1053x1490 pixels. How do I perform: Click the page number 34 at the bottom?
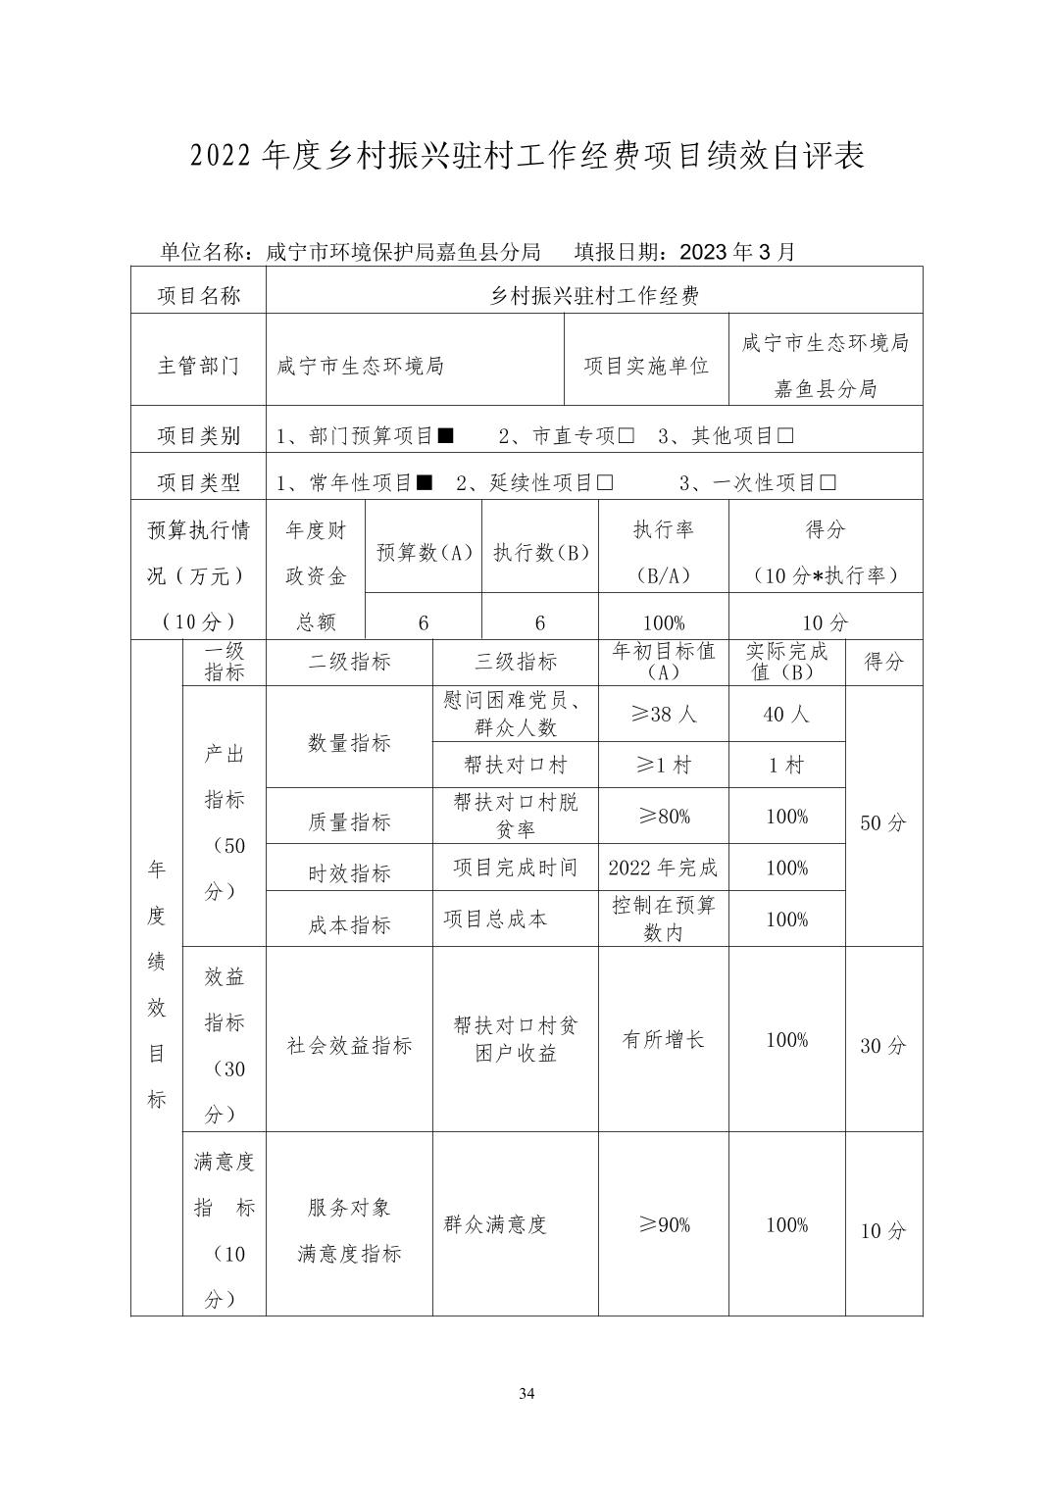(x=526, y=1393)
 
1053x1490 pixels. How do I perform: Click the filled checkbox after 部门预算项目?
(x=445, y=435)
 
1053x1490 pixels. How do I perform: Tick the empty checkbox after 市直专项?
(x=626, y=435)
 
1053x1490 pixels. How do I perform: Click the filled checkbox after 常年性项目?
(x=425, y=482)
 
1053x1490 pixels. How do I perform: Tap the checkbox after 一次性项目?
(x=827, y=482)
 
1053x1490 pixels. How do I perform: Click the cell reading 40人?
(x=786, y=715)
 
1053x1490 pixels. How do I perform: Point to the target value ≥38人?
(x=663, y=715)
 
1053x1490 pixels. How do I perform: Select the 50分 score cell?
(x=882, y=823)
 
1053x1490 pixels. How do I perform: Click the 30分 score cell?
(x=882, y=1046)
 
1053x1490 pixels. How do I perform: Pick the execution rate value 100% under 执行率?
(x=663, y=622)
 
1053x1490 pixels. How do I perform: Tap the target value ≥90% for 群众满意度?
(x=663, y=1224)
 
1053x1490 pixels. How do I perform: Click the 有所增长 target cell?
(x=663, y=1040)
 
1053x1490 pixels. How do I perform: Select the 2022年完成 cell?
(x=663, y=868)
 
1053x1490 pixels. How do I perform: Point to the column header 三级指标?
(x=516, y=662)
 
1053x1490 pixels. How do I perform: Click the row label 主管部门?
(x=198, y=366)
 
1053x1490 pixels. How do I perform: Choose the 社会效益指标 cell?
(x=349, y=1046)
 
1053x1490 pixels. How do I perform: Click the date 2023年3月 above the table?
(x=736, y=252)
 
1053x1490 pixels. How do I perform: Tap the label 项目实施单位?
(x=646, y=366)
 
